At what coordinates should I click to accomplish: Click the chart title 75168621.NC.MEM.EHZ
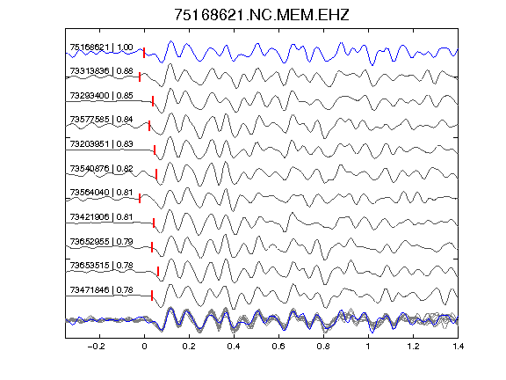point(262,15)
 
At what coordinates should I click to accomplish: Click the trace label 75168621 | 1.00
point(101,47)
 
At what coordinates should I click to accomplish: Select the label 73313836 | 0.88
point(101,71)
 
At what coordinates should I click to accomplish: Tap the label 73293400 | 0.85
point(101,96)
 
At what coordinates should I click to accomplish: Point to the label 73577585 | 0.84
point(101,120)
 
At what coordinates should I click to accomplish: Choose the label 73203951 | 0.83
point(101,143)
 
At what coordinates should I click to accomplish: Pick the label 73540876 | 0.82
point(101,168)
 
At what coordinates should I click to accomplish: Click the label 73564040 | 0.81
point(101,193)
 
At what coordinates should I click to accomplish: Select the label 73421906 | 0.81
point(101,216)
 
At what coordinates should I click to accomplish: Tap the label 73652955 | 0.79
point(101,241)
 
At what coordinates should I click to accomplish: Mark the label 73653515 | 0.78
point(101,266)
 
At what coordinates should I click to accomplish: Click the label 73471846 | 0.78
point(101,290)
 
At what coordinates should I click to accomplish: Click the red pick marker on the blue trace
point(144,53)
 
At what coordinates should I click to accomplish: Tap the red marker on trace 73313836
point(140,77)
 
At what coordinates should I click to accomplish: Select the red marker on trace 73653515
point(158,272)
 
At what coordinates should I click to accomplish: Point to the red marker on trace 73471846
point(152,296)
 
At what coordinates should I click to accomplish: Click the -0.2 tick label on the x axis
point(96,347)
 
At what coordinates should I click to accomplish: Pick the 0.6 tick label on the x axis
point(278,347)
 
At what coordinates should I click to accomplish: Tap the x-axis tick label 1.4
point(458,347)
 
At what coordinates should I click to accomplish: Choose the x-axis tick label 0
point(144,347)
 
